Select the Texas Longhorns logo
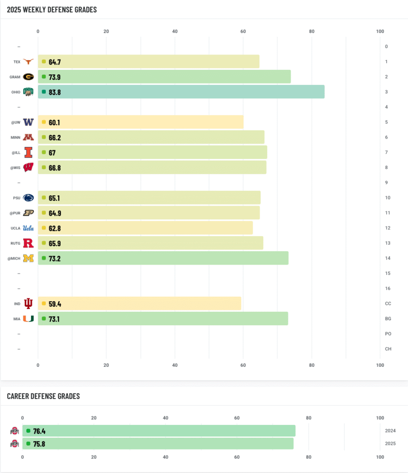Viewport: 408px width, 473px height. (x=29, y=61)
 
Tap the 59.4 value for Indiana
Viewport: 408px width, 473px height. (x=55, y=304)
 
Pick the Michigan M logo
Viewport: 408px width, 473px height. (x=29, y=258)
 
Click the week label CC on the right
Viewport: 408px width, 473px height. (x=388, y=303)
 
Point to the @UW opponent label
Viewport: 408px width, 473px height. (x=16, y=122)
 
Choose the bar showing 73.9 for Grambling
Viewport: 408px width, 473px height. (x=164, y=77)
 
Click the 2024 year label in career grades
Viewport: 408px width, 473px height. (x=390, y=431)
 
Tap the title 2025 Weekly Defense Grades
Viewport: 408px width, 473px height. (x=52, y=9)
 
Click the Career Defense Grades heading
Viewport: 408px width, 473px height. (x=43, y=396)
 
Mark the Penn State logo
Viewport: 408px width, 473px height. (x=29, y=198)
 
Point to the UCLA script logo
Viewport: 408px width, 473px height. (x=29, y=228)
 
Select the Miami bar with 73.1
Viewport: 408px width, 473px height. (x=163, y=319)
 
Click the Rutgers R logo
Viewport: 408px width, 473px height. (x=29, y=243)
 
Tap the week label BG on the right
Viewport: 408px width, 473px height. (x=388, y=319)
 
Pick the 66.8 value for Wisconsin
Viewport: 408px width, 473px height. (x=55, y=168)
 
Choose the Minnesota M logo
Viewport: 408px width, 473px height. (x=29, y=137)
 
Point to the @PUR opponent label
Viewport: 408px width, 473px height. (x=16, y=213)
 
